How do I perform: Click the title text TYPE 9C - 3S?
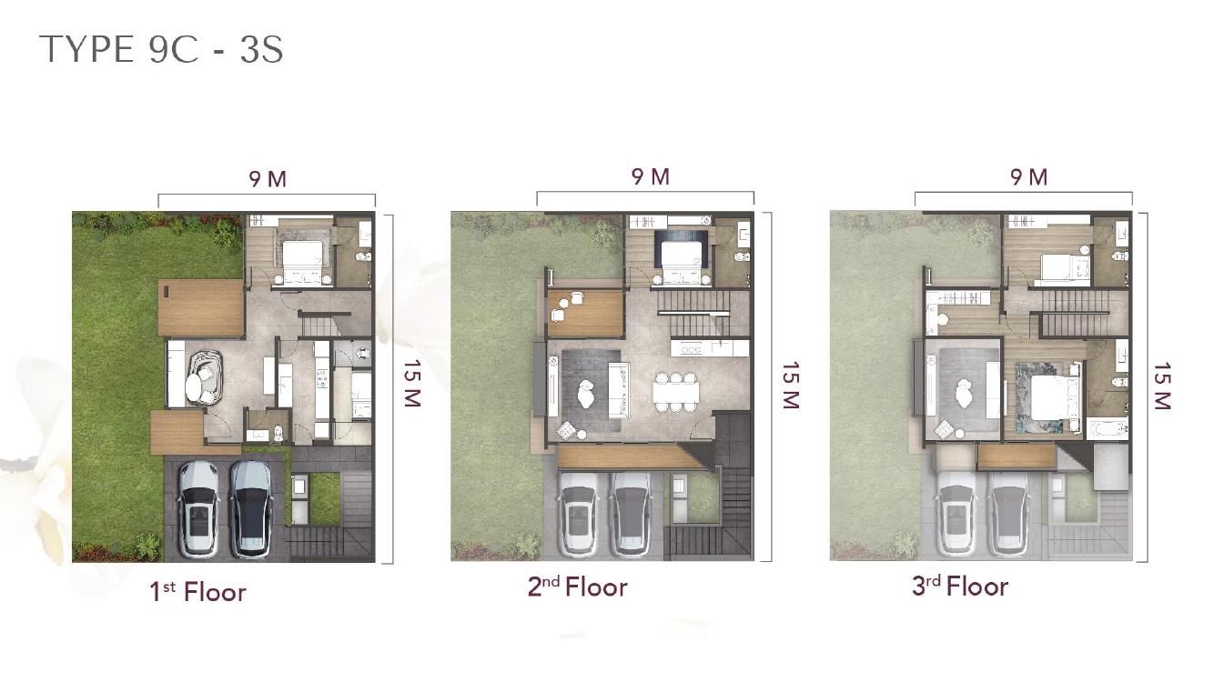click(161, 49)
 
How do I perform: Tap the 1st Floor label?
click(197, 592)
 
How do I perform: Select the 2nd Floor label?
click(578, 587)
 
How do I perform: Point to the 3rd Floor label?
click(960, 587)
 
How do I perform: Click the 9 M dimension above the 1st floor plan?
click(268, 179)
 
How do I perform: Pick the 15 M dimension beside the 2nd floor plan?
click(791, 386)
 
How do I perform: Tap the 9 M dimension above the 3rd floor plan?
click(1029, 177)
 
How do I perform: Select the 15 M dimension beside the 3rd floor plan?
click(1162, 386)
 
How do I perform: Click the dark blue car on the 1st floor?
click(251, 509)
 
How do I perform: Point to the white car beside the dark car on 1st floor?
click(199, 509)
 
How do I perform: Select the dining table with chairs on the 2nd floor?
click(675, 392)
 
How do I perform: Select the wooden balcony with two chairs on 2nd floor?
click(584, 314)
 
